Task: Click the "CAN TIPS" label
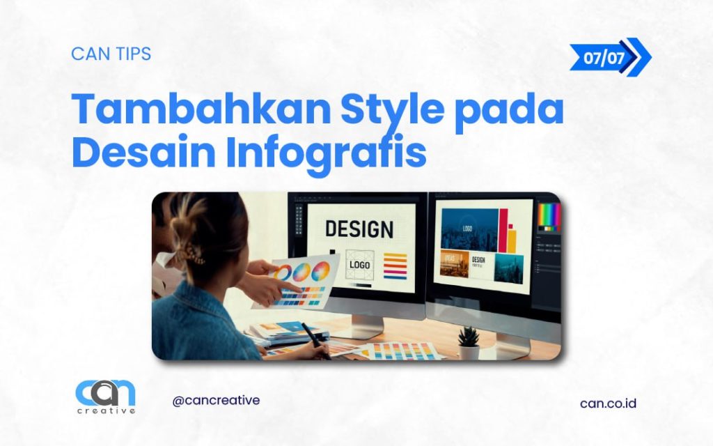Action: [111, 54]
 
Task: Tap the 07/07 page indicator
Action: [604, 57]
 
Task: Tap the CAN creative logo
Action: [105, 397]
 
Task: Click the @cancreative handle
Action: [216, 401]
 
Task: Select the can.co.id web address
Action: [608, 403]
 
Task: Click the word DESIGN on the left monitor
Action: [359, 229]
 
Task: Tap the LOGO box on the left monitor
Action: [360, 264]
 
